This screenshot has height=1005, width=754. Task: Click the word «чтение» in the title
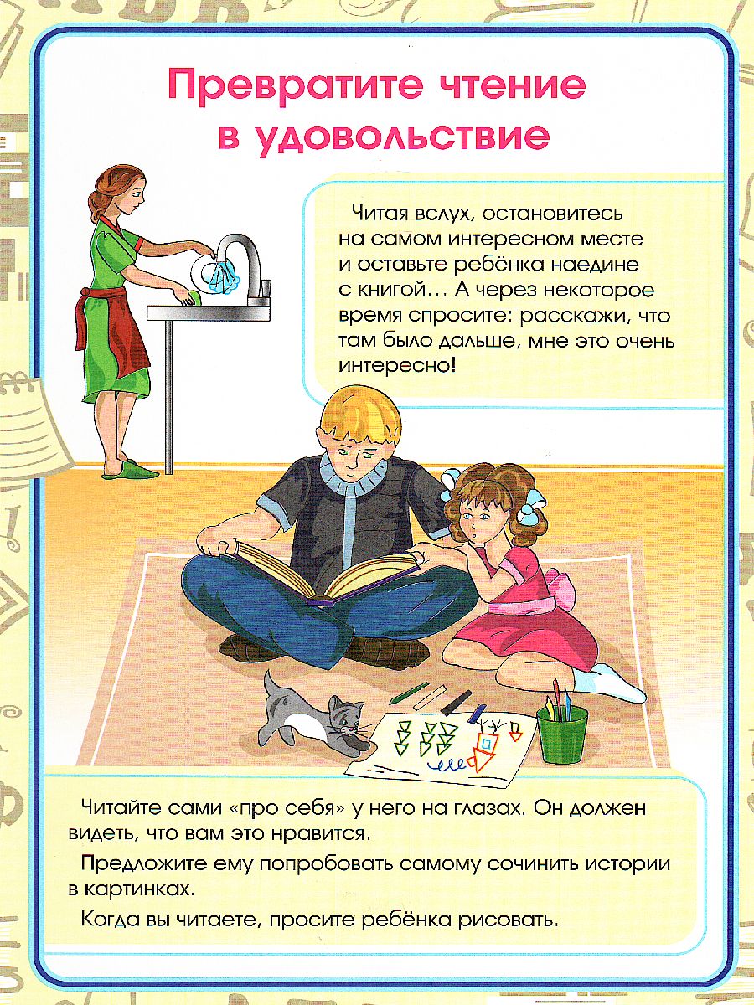(x=494, y=86)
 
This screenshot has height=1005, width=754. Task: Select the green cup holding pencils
(x=562, y=733)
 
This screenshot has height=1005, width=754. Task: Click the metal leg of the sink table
(x=169, y=394)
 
